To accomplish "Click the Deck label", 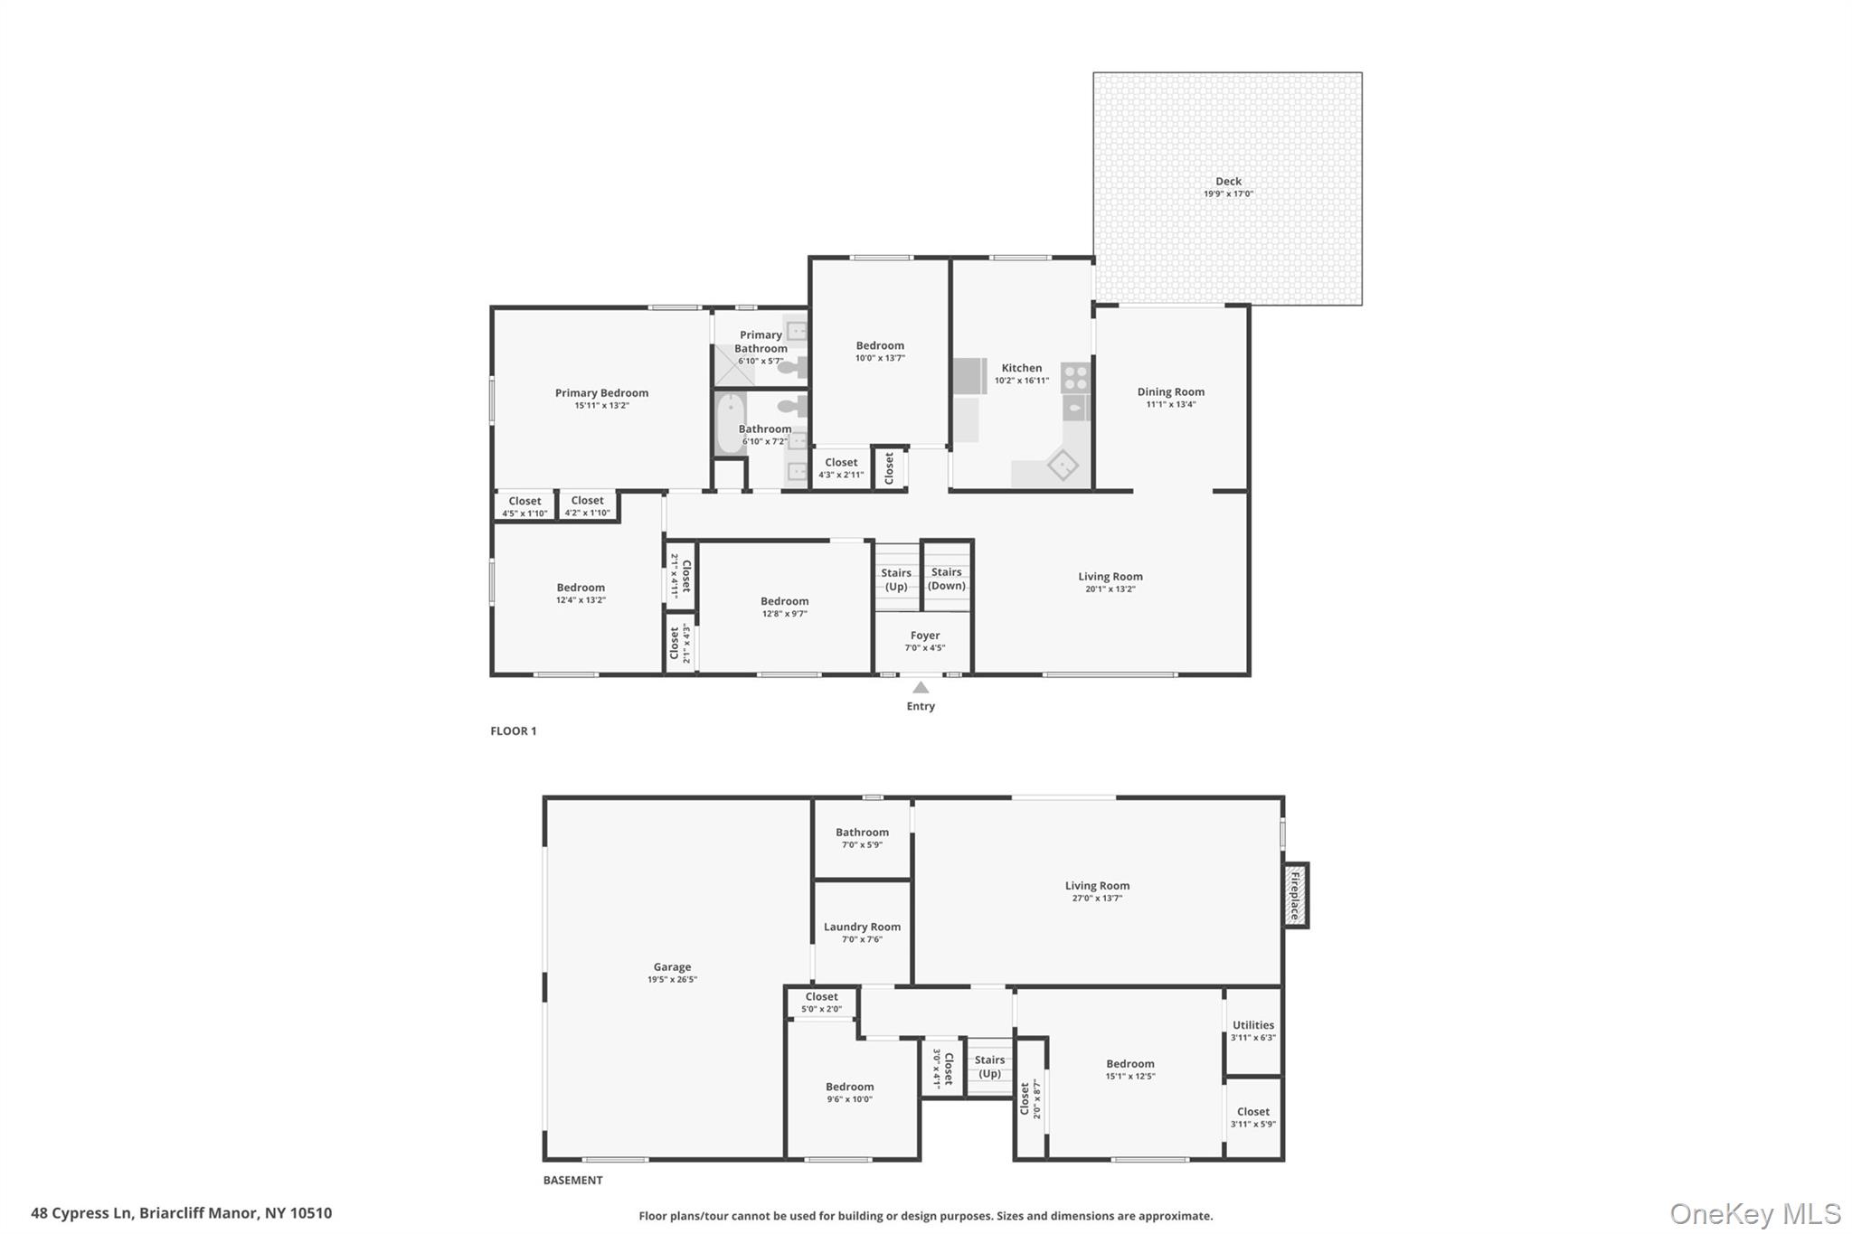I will pyautogui.click(x=1227, y=182).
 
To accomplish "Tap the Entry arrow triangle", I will pyautogui.click(x=921, y=688).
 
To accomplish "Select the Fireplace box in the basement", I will pyautogui.click(x=1296, y=895).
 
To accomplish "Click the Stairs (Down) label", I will pyautogui.click(x=947, y=579).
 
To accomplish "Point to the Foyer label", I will pyautogui.click(x=924, y=636).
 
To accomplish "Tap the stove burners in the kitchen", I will pyautogui.click(x=1075, y=377).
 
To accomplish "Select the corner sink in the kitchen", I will pyautogui.click(x=1063, y=466).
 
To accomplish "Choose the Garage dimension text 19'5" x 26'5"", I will pyautogui.click(x=672, y=980).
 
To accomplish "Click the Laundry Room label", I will pyautogui.click(x=862, y=927).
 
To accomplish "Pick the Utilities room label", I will pyautogui.click(x=1252, y=1025).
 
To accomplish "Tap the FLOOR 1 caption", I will pyautogui.click(x=513, y=731).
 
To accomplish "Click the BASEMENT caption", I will pyautogui.click(x=572, y=1180).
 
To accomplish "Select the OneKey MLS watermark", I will pyautogui.click(x=1754, y=1213).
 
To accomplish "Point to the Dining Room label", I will pyautogui.click(x=1170, y=392).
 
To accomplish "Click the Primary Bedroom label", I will pyautogui.click(x=601, y=393).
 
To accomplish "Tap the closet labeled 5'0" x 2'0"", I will pyautogui.click(x=821, y=1003).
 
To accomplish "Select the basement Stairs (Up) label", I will pyautogui.click(x=989, y=1067).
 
